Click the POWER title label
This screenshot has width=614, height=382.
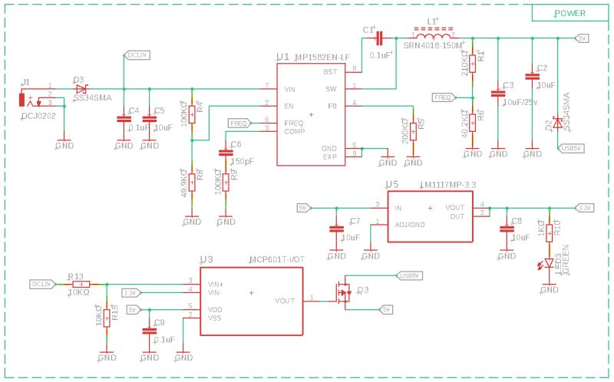point(569,13)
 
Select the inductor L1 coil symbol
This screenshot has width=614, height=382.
point(434,35)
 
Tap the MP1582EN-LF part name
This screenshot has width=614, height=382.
point(323,58)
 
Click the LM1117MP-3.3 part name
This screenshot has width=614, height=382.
point(447,185)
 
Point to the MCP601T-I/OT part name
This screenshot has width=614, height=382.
point(277,260)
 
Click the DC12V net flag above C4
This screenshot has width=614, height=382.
point(136,55)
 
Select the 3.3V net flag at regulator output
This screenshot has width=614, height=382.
point(584,207)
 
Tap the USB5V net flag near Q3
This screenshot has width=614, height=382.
point(408,275)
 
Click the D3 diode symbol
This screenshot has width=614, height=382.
point(81,89)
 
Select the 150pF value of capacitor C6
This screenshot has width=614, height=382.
point(243,161)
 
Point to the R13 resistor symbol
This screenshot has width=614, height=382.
point(81,284)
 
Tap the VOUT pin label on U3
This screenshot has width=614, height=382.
point(285,300)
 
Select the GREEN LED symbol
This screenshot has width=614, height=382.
point(549,263)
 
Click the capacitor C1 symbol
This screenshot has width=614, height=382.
point(378,38)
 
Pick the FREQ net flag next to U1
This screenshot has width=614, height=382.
point(239,123)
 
